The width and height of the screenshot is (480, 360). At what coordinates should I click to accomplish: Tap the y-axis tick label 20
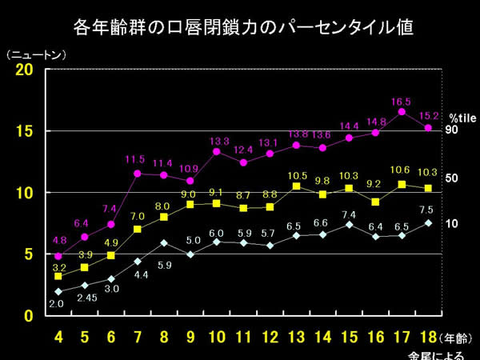24,70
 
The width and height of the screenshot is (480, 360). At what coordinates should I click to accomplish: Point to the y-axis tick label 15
24,131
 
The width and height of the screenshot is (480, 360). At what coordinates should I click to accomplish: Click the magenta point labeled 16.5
402,112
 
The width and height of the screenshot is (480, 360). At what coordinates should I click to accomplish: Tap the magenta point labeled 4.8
58,256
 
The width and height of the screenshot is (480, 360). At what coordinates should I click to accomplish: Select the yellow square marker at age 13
296,186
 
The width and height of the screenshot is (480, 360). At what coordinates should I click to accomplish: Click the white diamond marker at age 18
428,223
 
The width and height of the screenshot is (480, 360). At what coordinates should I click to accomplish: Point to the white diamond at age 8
164,243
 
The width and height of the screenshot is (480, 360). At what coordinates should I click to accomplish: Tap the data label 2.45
86,298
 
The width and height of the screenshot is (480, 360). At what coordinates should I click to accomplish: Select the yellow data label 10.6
402,170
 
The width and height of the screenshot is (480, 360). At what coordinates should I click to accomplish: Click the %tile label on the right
462,117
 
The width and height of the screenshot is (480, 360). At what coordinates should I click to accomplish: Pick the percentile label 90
451,130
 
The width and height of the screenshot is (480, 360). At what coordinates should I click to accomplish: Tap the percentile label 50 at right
451,178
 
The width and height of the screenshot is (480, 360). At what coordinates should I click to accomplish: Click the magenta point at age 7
138,174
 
